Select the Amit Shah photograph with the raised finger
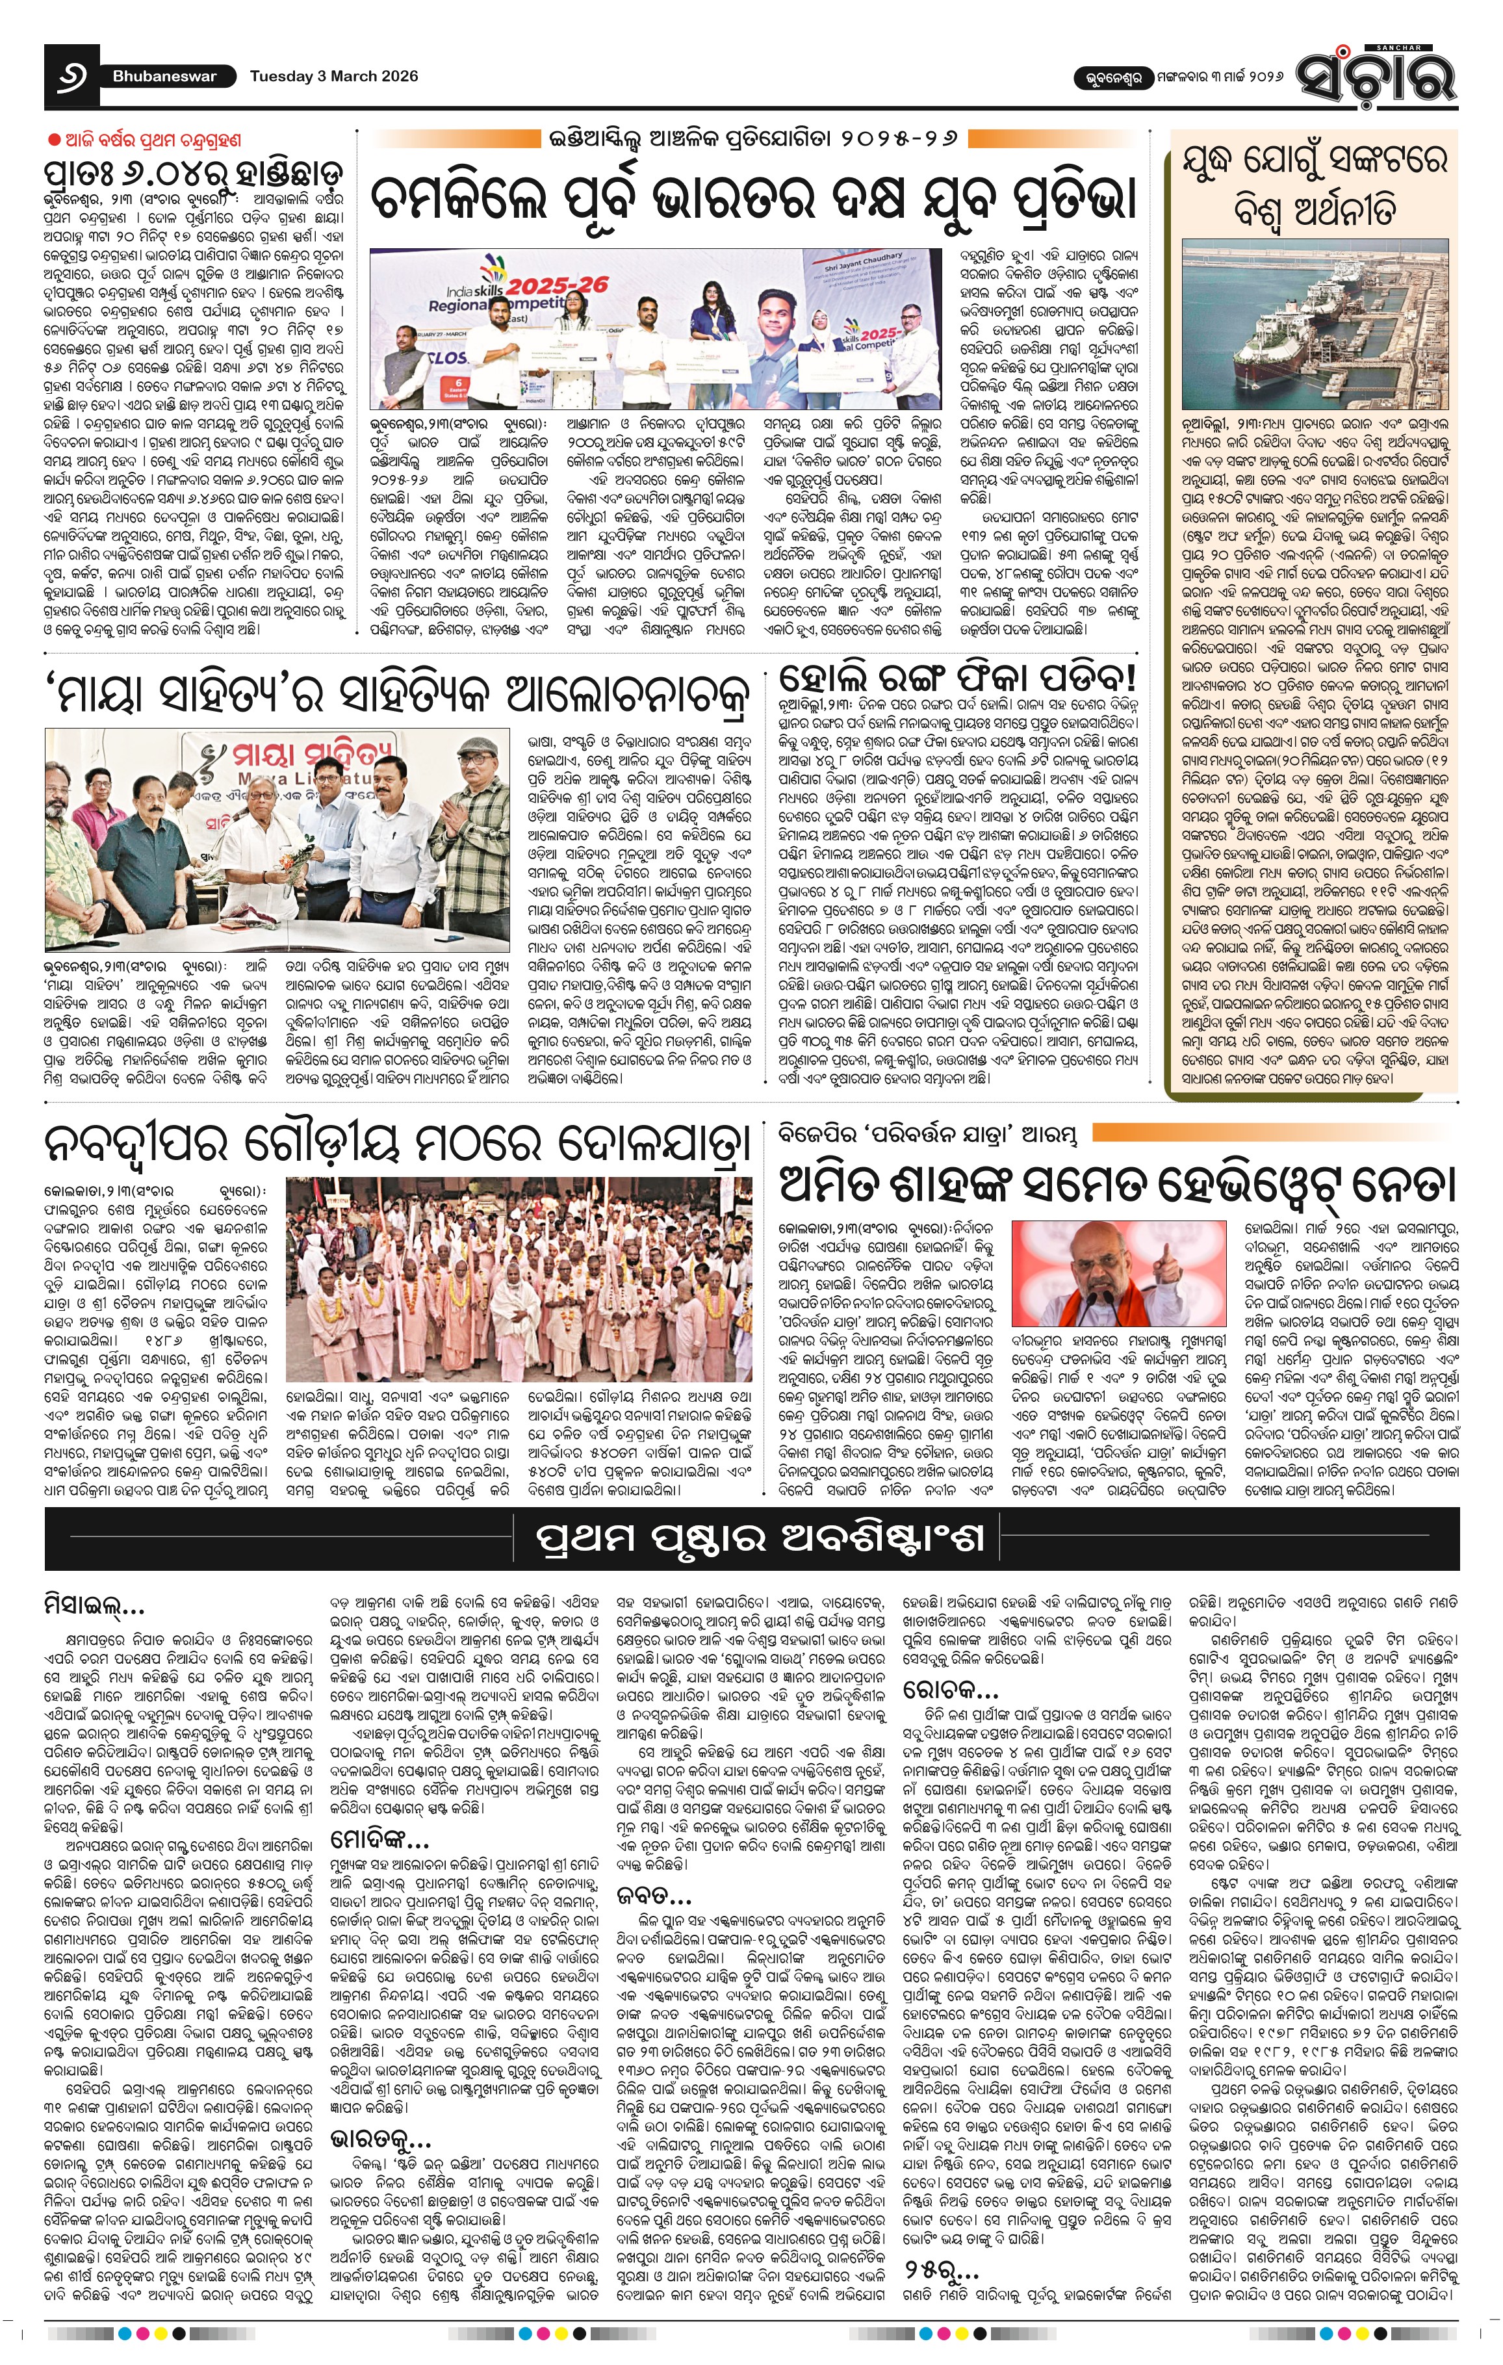click(1118, 1274)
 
